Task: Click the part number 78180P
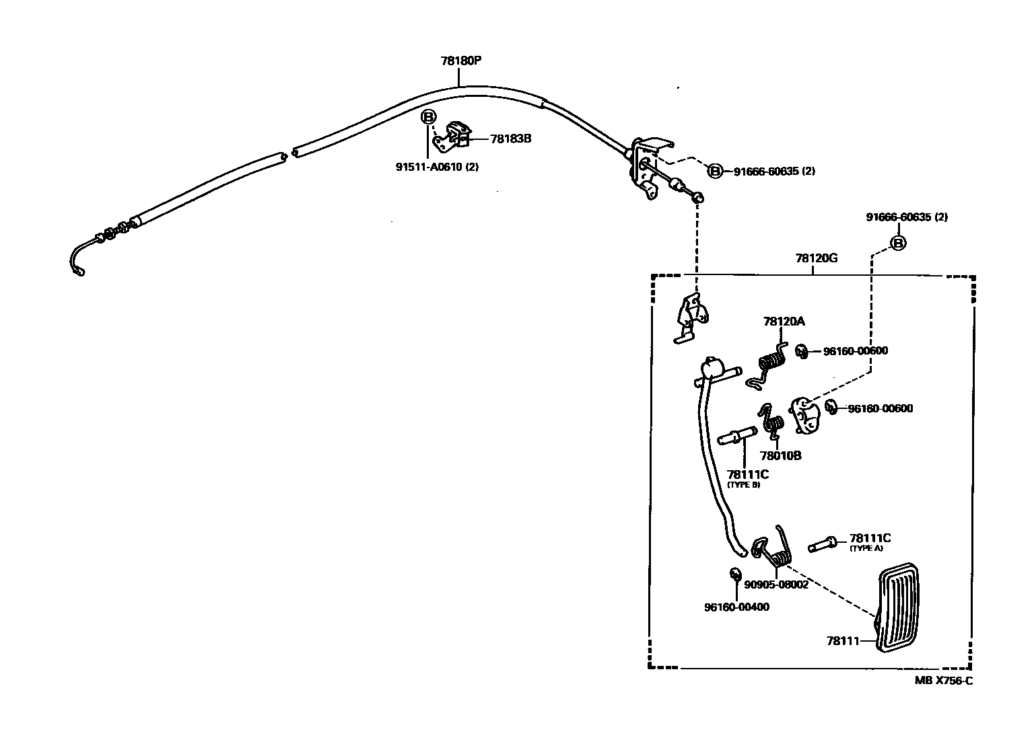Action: pyautogui.click(x=460, y=61)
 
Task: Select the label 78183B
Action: pyautogui.click(x=511, y=139)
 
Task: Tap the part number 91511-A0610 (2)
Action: pyautogui.click(x=437, y=167)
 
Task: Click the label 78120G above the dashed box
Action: pyautogui.click(x=816, y=258)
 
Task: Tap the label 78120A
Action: pyautogui.click(x=784, y=322)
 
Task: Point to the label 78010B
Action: pyautogui.click(x=780, y=455)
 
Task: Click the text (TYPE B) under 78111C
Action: pyautogui.click(x=743, y=485)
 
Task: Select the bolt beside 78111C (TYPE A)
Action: pyautogui.click(x=821, y=543)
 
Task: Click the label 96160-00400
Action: pyautogui.click(x=736, y=607)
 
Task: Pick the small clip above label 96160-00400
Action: pyautogui.click(x=735, y=574)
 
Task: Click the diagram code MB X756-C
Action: pyautogui.click(x=943, y=681)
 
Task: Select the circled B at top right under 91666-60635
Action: pyautogui.click(x=898, y=243)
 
